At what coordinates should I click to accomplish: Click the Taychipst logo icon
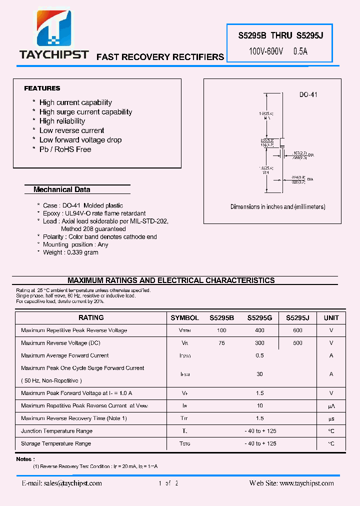(53, 29)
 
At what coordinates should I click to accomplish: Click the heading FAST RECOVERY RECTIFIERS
(160, 57)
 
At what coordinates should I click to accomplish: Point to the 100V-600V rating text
(266, 51)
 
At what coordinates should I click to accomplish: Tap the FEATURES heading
(42, 88)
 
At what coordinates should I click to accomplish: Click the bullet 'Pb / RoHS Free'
(65, 149)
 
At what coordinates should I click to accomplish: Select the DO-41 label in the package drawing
(308, 94)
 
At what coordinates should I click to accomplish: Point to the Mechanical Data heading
(61, 190)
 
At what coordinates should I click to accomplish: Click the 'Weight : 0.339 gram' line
(70, 252)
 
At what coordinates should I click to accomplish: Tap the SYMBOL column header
(184, 318)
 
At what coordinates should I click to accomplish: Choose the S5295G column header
(259, 318)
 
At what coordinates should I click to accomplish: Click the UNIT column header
(331, 318)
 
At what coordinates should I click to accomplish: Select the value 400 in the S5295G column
(259, 330)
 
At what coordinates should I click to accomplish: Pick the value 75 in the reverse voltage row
(221, 343)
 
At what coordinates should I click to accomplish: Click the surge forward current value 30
(259, 374)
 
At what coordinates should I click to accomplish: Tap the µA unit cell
(331, 406)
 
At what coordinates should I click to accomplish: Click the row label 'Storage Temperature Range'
(56, 443)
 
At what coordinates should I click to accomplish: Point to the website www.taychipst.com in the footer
(306, 483)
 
